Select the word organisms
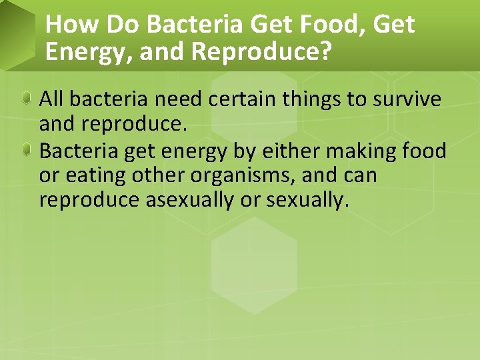(x=240, y=176)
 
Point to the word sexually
(x=307, y=201)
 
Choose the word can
(x=359, y=176)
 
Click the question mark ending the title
(x=325, y=52)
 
